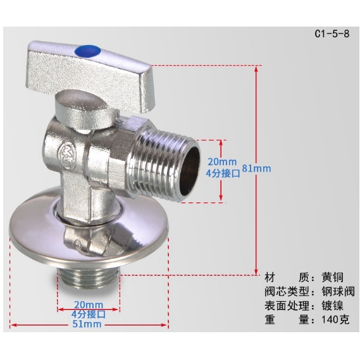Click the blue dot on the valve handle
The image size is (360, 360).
tap(88, 51)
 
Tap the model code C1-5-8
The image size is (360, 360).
tap(332, 34)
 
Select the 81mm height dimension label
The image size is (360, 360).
tap(256, 168)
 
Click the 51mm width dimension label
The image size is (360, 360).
tap(87, 324)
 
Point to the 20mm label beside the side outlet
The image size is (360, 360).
tap(222, 162)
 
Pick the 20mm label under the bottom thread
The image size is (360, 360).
tap(89, 305)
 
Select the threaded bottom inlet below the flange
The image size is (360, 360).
tap(89, 280)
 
